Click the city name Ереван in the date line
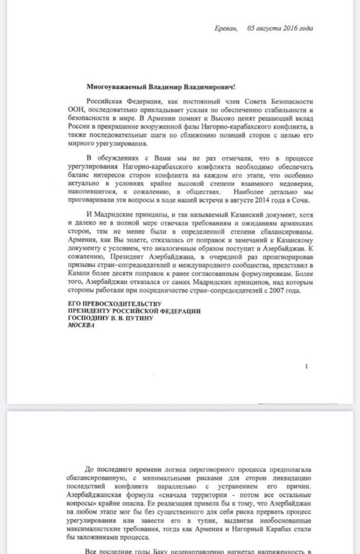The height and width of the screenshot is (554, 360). click(226, 28)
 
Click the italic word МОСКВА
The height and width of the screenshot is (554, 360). click(81, 326)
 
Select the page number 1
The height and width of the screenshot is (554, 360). click(306, 366)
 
